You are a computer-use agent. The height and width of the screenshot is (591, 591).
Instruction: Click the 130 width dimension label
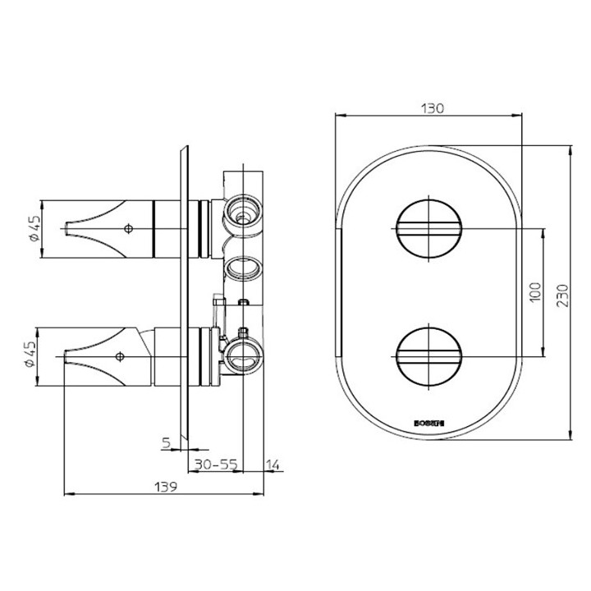pos(432,108)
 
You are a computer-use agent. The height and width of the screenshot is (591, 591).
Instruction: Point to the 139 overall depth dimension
pos(167,486)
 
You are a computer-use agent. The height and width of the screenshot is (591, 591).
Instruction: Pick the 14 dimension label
pos(274,465)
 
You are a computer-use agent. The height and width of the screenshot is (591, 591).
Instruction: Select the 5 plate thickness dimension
pos(167,443)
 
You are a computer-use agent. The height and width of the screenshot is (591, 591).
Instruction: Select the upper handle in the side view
pos(115,227)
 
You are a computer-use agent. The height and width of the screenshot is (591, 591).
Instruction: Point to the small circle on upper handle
pos(127,227)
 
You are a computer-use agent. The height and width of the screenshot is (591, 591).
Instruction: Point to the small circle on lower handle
pos(120,356)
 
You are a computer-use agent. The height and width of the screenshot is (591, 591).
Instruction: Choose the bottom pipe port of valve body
pos(243,355)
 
